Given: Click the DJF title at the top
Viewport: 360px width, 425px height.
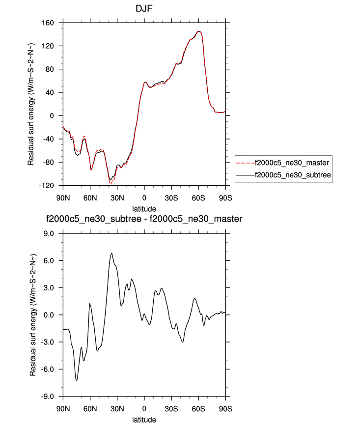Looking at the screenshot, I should [144, 9].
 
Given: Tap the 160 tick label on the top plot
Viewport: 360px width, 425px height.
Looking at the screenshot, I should [53, 23].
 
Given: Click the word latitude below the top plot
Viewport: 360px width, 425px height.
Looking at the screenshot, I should [144, 209].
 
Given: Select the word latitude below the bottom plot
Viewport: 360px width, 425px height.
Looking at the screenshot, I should [144, 420].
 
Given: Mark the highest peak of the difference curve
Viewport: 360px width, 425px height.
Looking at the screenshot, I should [112, 254].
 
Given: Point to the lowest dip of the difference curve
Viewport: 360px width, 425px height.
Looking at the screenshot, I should [77, 380].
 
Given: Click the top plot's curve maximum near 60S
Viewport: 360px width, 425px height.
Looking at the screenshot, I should [198, 31].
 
